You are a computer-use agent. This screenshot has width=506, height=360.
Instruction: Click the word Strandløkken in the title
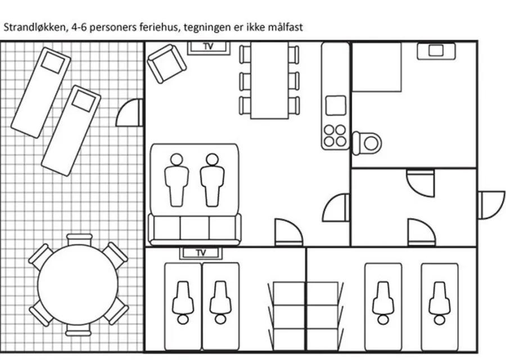[34, 28]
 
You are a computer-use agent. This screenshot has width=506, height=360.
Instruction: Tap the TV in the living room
[209, 47]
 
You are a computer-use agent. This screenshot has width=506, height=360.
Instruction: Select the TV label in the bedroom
[201, 253]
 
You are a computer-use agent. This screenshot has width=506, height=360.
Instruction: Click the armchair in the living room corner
[166, 64]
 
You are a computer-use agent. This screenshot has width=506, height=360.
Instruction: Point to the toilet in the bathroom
[367, 143]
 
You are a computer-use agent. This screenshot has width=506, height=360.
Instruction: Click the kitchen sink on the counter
[336, 105]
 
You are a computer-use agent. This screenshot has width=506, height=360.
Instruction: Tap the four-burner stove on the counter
[335, 136]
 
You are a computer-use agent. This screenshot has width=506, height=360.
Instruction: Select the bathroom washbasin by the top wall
[436, 51]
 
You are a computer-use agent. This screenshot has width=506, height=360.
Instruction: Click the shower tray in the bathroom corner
[377, 67]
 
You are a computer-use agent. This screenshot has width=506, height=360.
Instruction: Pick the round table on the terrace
[78, 285]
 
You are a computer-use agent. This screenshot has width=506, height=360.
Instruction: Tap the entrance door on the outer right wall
[491, 205]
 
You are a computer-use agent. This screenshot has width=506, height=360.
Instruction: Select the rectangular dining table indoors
[269, 80]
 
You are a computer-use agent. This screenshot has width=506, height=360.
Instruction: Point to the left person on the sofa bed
[177, 180]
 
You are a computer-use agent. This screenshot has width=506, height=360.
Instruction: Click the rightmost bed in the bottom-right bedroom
[440, 307]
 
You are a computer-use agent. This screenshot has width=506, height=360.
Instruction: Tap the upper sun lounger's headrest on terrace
[53, 62]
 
